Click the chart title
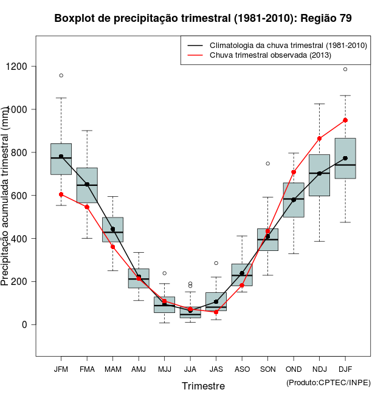(x=203, y=18)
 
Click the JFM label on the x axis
(x=61, y=369)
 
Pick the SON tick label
(x=267, y=369)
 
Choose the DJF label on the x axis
(x=345, y=369)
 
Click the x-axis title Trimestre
(x=203, y=386)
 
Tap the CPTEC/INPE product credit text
(x=328, y=382)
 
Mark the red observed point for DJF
(x=345, y=120)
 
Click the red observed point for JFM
(x=61, y=194)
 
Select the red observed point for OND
(x=294, y=172)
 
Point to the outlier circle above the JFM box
(x=61, y=75)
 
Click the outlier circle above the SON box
(x=267, y=163)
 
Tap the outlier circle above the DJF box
(x=345, y=69)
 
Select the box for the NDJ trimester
(x=319, y=175)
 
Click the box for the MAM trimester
(x=112, y=229)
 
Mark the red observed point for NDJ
(x=319, y=139)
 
